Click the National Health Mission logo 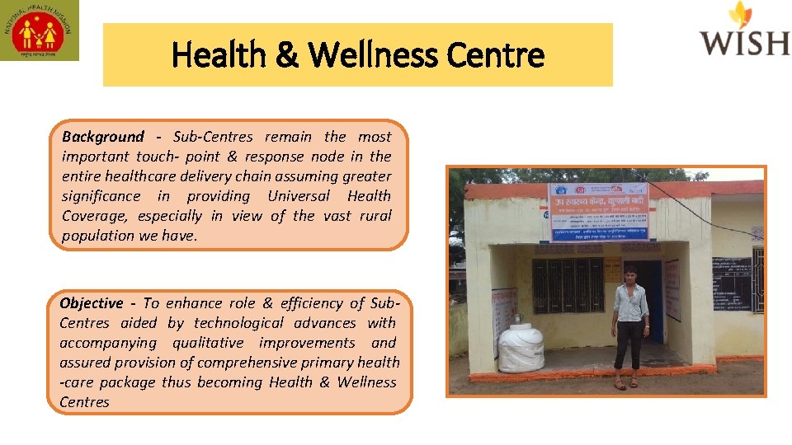[x=40, y=30]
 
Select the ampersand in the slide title [x=286, y=56]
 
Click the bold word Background [x=102, y=137]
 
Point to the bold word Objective [x=91, y=303]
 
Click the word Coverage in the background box [x=89, y=216]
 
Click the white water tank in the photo [x=521, y=345]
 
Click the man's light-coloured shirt [x=631, y=303]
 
